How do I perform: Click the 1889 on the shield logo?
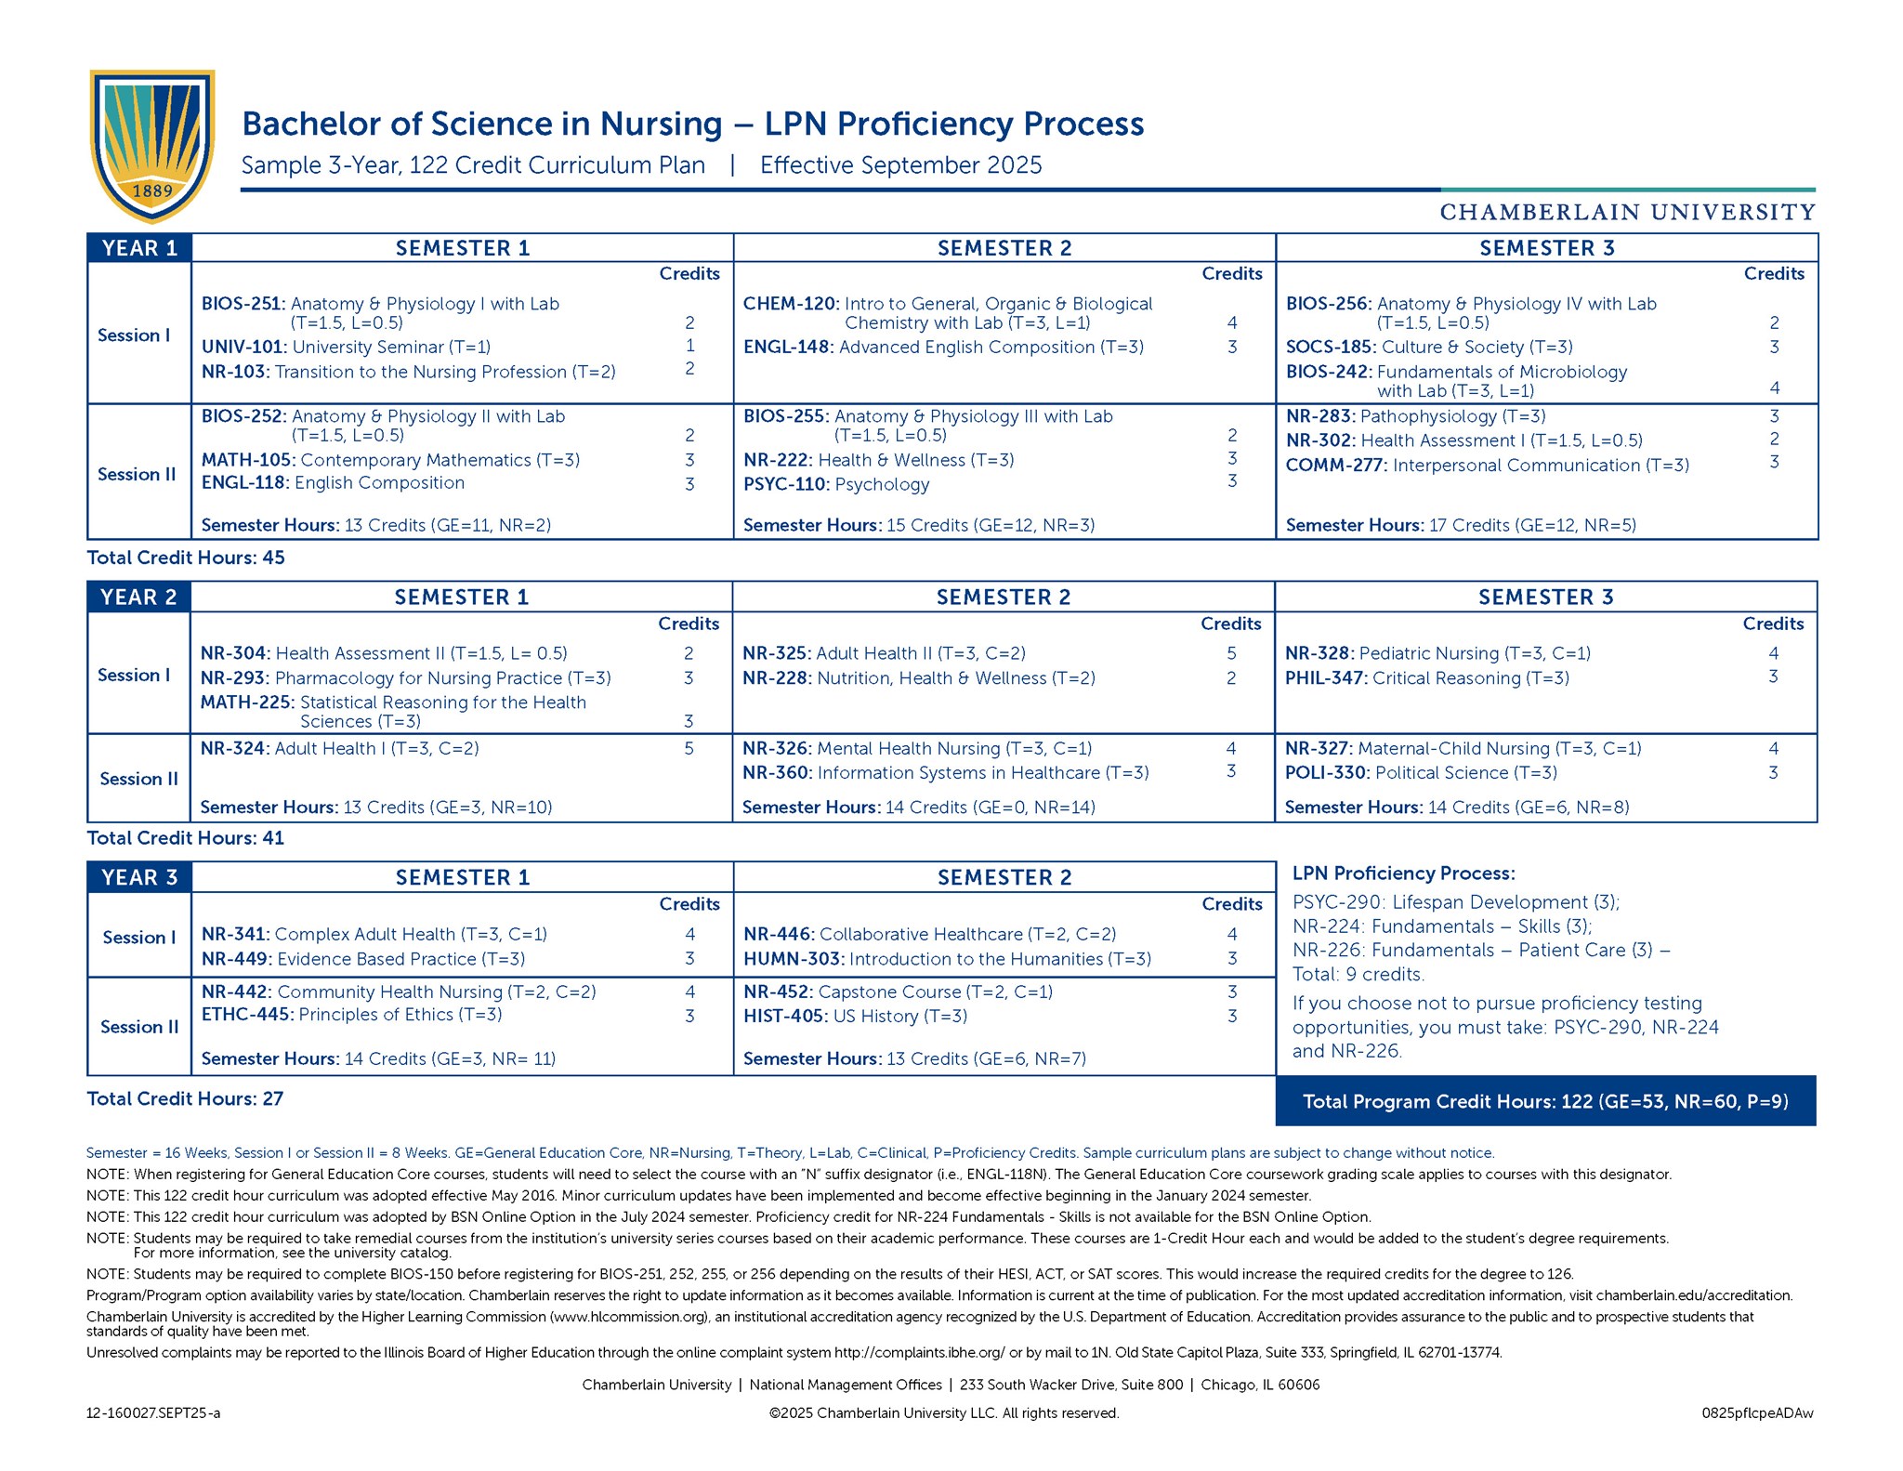click(152, 190)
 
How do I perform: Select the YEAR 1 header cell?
click(139, 248)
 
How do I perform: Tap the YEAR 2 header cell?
click(138, 597)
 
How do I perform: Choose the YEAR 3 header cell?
click(139, 877)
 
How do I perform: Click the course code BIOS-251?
click(243, 304)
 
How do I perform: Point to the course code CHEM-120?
click(790, 304)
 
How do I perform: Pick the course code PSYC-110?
click(785, 484)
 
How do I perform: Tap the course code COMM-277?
click(1335, 465)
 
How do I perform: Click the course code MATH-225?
click(246, 702)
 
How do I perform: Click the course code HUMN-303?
click(793, 958)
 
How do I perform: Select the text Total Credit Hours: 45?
click(186, 558)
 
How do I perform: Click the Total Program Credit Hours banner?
click(1545, 1101)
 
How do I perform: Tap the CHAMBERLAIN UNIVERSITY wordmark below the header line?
click(1627, 212)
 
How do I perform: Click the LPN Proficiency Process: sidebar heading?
click(1403, 873)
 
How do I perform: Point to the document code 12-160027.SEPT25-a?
click(153, 1412)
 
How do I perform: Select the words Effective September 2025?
click(900, 165)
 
